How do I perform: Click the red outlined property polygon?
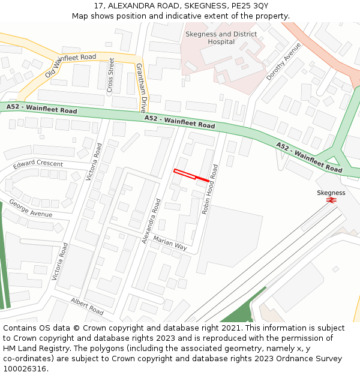pos(191,175)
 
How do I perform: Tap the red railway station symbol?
pos(331,200)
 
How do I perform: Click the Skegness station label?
pos(331,193)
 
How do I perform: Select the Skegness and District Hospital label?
pos(221,38)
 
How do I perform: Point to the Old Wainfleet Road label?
pos(70,66)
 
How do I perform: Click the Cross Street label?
pos(110,76)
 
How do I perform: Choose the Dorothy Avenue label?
pos(283,61)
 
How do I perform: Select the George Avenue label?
pos(31,211)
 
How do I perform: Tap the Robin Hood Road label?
pos(209,190)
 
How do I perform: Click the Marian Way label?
pos(170,243)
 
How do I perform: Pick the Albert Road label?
pos(87,306)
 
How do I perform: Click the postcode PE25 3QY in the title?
pos(248,6)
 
